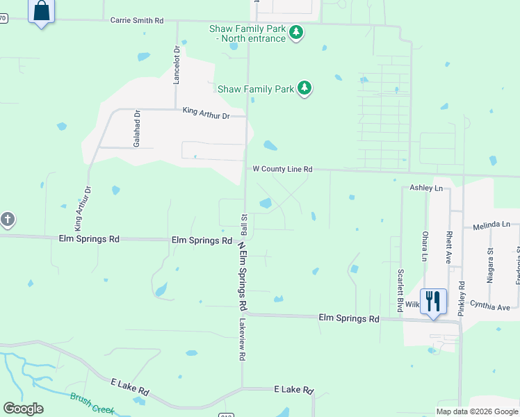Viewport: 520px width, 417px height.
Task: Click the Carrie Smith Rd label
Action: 137,21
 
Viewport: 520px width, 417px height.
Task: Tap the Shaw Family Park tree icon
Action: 304,88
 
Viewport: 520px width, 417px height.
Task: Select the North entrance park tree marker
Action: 296,33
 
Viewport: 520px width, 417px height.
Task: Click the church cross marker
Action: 7,220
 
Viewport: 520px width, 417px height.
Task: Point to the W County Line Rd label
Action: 282,169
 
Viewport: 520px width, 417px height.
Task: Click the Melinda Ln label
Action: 491,226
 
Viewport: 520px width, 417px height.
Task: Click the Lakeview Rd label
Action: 243,340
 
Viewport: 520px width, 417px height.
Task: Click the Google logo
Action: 23,408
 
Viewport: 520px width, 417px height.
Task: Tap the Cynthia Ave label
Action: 490,306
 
